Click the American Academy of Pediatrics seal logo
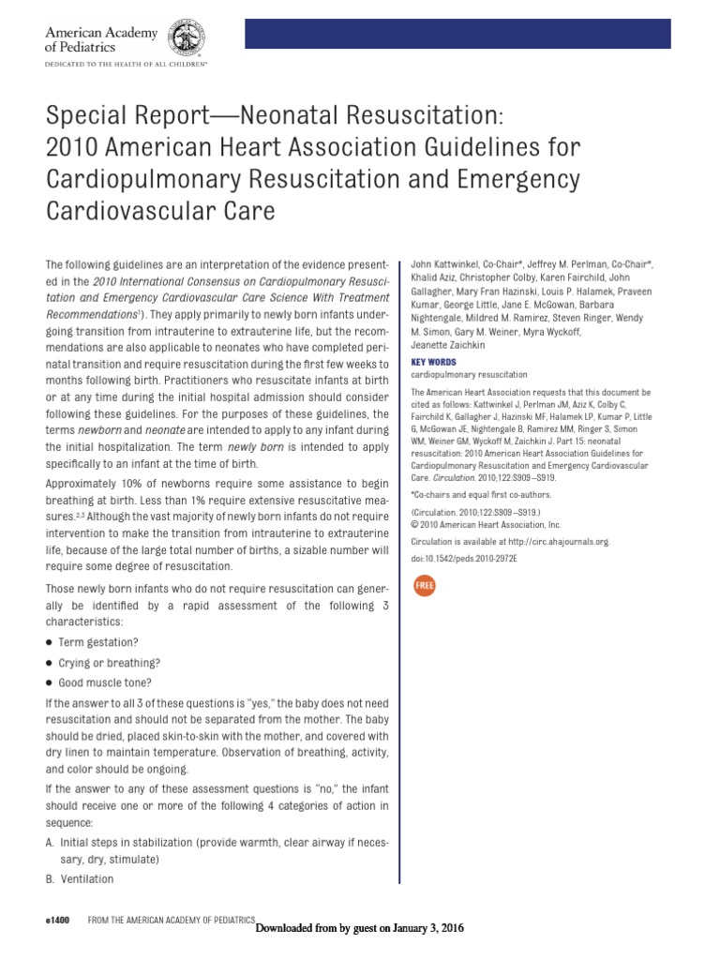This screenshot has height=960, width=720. [x=187, y=38]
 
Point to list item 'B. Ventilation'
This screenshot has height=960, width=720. [x=79, y=878]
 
